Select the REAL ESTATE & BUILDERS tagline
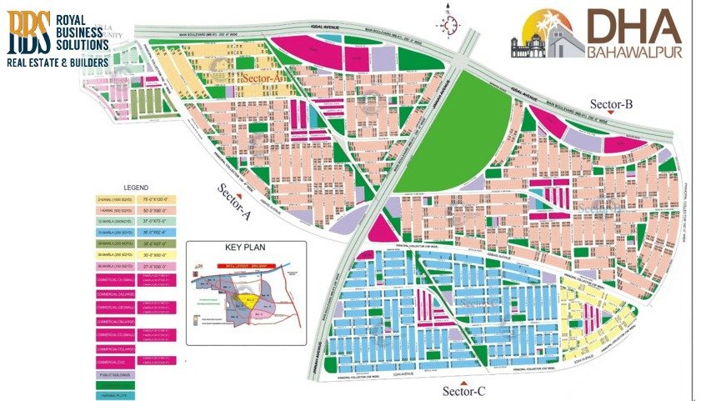click(x=58, y=63)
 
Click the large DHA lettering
click(x=633, y=28)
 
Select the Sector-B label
click(x=613, y=103)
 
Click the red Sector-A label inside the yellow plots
click(x=263, y=77)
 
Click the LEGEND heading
click(x=136, y=188)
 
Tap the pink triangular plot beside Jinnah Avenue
click(x=379, y=228)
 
